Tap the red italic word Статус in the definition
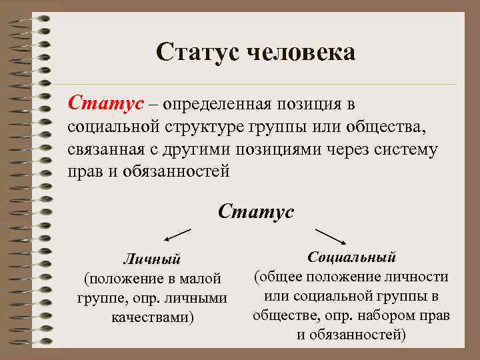pyautogui.click(x=106, y=105)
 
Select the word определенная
pyautogui.click(x=213, y=105)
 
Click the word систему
pyautogui.click(x=409, y=149)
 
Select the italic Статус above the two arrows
pyautogui.click(x=255, y=212)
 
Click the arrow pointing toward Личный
pyautogui.click(x=177, y=235)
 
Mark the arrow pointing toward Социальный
pyautogui.click(x=329, y=237)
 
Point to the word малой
pyautogui.click(x=201, y=278)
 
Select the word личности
pyautogui.click(x=415, y=276)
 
